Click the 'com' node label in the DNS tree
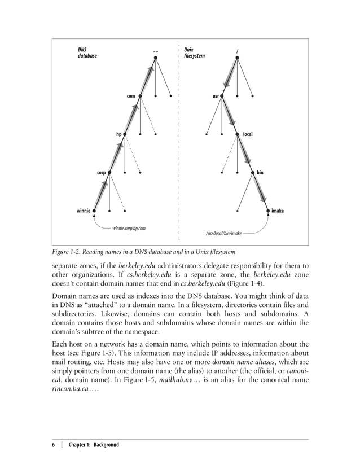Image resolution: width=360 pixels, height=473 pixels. coord(130,97)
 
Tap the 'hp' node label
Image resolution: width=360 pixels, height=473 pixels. coord(118,134)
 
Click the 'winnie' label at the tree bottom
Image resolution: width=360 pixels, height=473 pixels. coord(84,211)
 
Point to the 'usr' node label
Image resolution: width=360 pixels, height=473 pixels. coord(216,97)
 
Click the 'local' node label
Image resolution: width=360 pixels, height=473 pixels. coord(248,134)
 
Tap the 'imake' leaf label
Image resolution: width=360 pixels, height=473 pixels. coord(277,211)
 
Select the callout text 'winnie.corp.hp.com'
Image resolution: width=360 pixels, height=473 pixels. coord(129,228)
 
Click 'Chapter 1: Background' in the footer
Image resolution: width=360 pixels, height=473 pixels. coord(94,445)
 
